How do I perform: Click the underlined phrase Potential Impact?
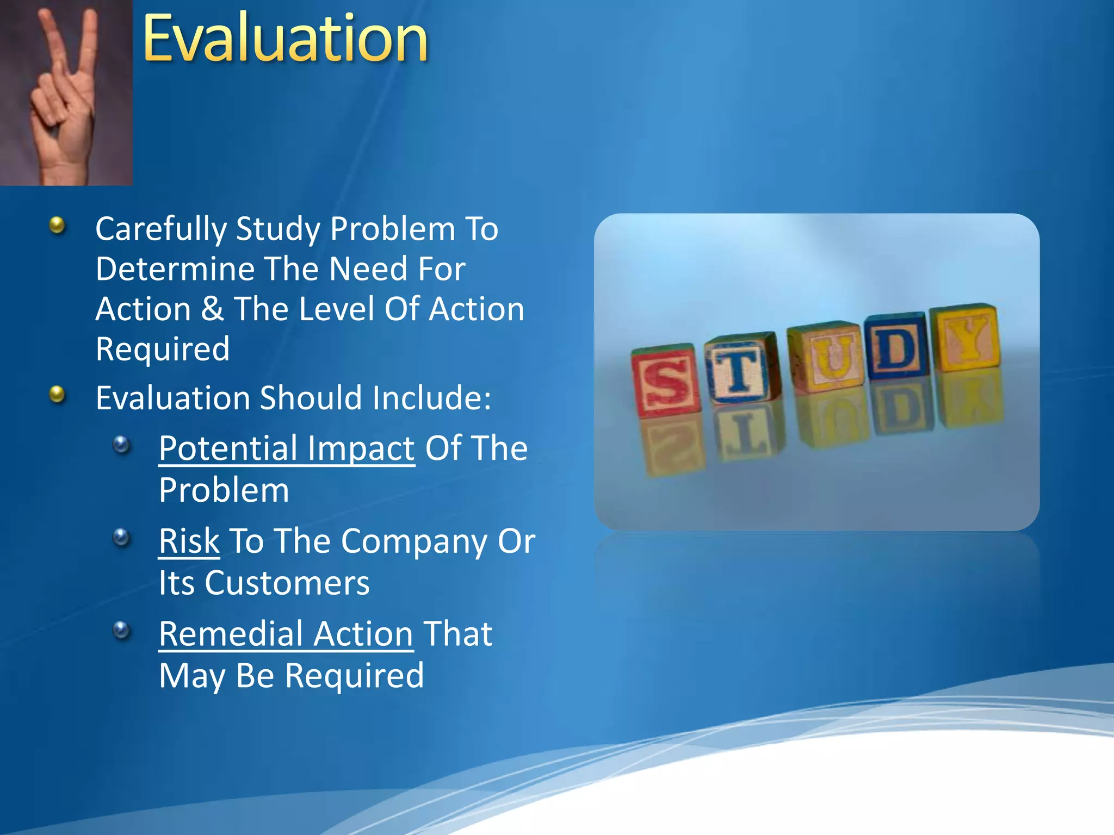coord(287,449)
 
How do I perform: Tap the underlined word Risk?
coord(189,541)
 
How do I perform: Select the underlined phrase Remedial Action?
coord(286,634)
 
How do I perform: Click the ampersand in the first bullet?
coord(212,309)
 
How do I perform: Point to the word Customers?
coord(287,583)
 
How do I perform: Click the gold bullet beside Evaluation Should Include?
coord(57,394)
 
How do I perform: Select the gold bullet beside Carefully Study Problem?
coord(57,225)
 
